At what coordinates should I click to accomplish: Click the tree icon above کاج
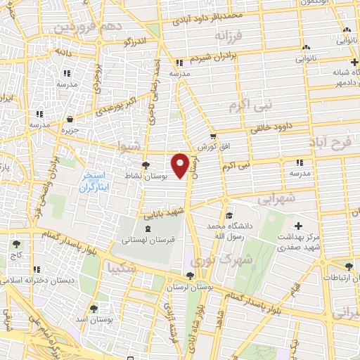point(16,244)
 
